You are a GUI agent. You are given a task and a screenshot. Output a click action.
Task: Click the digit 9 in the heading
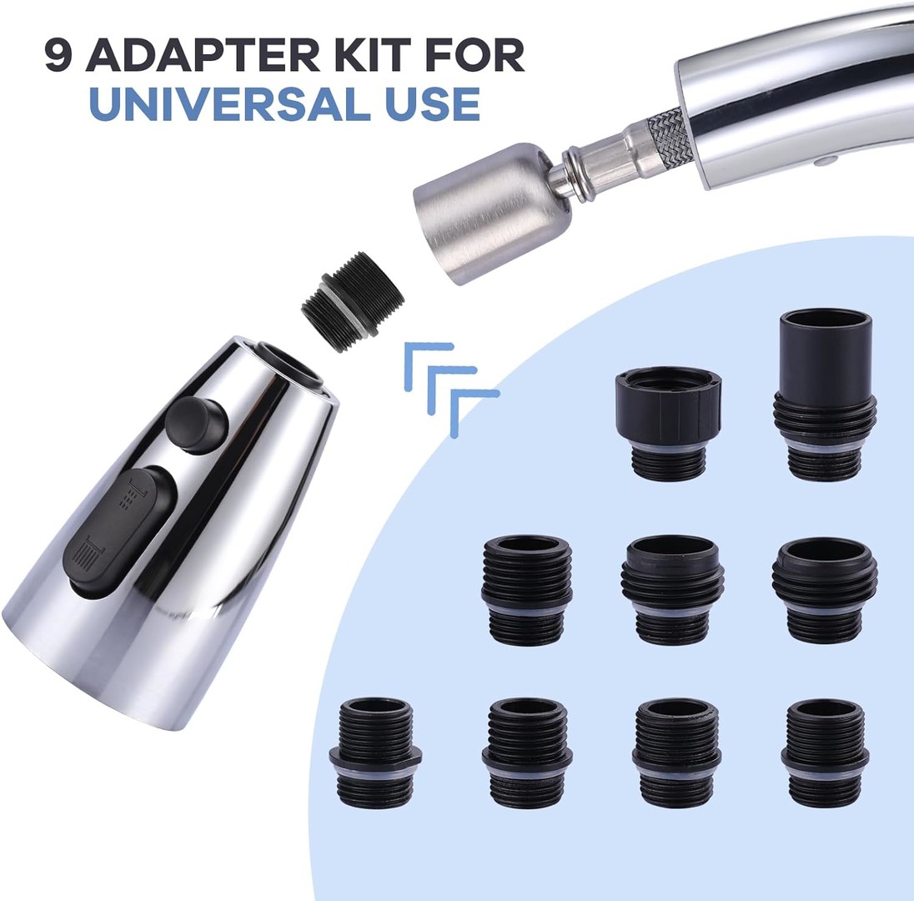pyautogui.click(x=60, y=57)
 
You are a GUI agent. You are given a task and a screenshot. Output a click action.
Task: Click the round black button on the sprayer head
pyautogui.click(x=195, y=424)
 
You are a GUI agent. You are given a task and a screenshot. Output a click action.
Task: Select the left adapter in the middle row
pyautogui.click(x=527, y=590)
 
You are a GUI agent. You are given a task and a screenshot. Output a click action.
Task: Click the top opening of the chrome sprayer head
pyautogui.click(x=289, y=366)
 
